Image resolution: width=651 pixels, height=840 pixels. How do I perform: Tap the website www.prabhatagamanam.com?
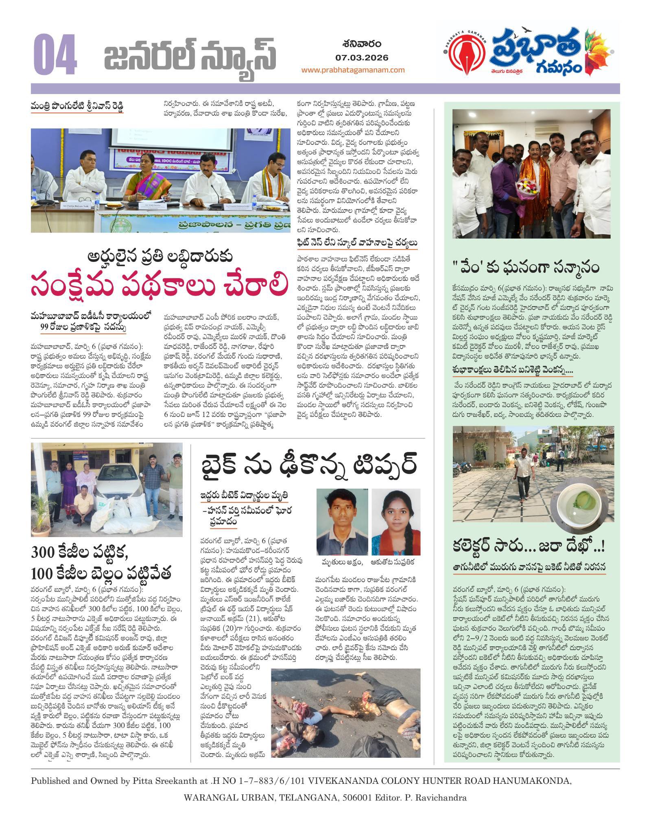(353, 70)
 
